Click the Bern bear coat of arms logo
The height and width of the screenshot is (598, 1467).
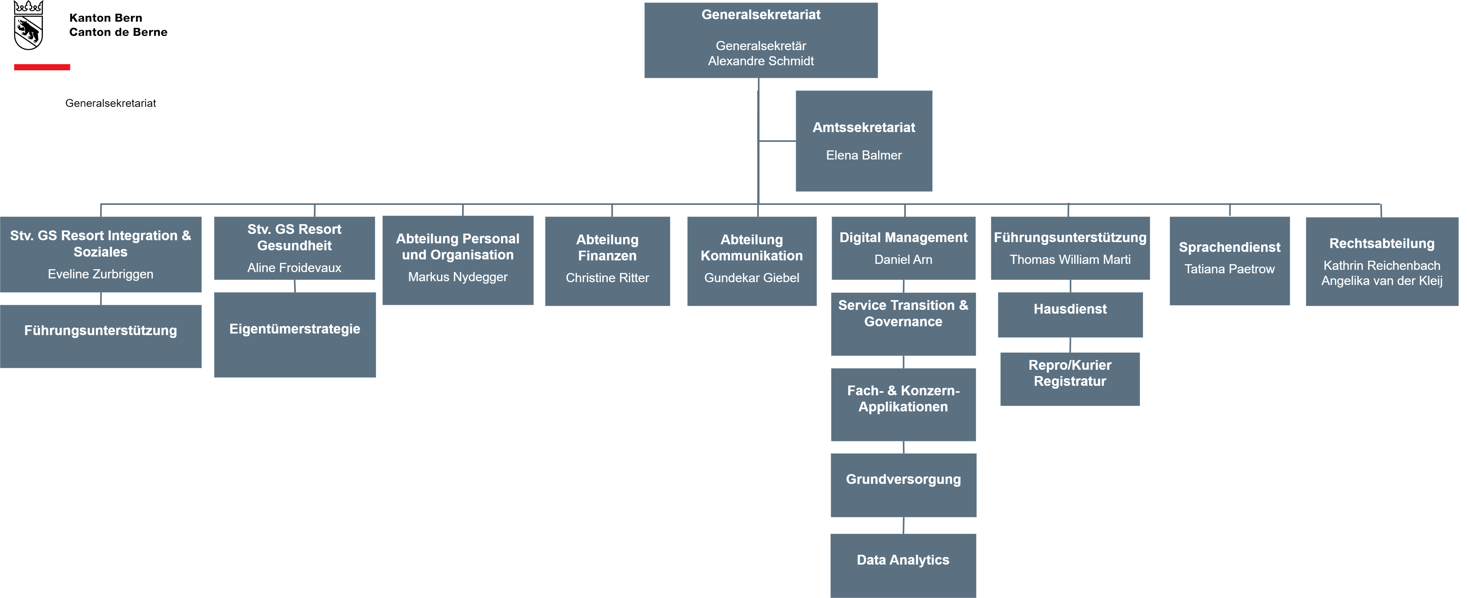pos(28,26)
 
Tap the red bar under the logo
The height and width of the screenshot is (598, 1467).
pos(42,67)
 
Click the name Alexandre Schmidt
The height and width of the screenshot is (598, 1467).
pos(761,61)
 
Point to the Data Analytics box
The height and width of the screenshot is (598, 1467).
pos(903,566)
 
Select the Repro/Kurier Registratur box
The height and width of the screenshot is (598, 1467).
pos(1070,379)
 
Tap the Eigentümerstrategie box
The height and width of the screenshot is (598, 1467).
pos(295,335)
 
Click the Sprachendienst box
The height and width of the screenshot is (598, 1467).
pos(1230,261)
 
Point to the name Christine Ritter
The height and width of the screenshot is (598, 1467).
pos(607,278)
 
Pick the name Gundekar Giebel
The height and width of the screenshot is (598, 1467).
pos(752,278)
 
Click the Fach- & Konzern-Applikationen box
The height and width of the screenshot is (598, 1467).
pos(903,404)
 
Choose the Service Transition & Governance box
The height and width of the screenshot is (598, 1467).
pos(903,324)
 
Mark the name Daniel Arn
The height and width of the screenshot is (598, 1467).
pos(903,260)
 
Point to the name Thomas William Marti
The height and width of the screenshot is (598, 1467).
pos(1070,260)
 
